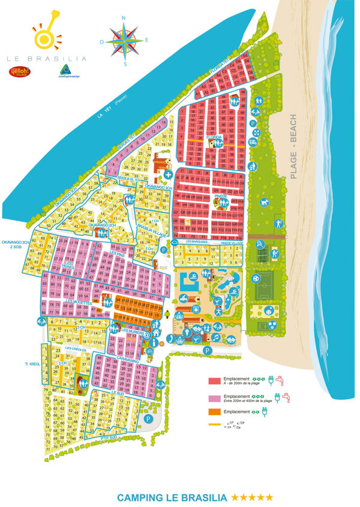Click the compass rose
point(124,40)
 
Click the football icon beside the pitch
point(254,278)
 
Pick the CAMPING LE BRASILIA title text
point(172,497)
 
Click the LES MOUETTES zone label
point(79,304)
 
